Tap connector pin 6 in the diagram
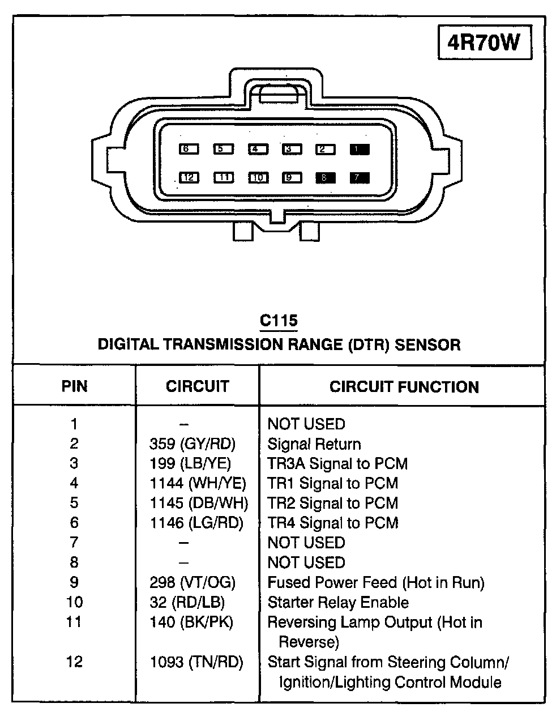tap(189, 149)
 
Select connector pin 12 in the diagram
tap(189, 177)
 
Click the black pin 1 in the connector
tap(359, 150)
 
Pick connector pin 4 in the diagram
tap(258, 149)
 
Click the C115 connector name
tap(279, 321)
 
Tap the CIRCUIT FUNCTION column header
tap(404, 387)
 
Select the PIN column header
tap(74, 386)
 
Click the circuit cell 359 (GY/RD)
tap(193, 444)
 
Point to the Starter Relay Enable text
tap(338, 602)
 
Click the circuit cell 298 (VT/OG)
tap(193, 582)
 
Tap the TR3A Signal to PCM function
tap(337, 463)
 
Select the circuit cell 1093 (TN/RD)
tap(196, 662)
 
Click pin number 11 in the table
tap(74, 622)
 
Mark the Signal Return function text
tap(314, 444)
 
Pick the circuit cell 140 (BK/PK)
tap(191, 622)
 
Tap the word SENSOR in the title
tap(427, 344)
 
